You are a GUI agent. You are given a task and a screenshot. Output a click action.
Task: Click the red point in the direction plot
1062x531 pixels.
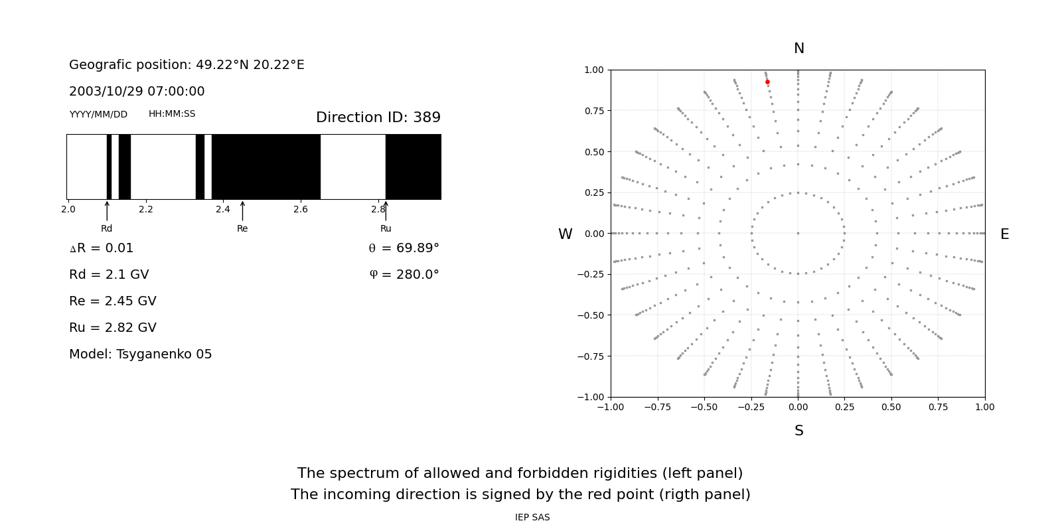(767, 82)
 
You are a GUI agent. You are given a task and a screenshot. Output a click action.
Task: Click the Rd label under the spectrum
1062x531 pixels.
(107, 229)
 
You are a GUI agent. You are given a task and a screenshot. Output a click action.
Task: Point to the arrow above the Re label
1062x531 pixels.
(242, 211)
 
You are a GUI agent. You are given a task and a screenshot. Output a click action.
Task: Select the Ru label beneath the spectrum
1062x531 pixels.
(386, 229)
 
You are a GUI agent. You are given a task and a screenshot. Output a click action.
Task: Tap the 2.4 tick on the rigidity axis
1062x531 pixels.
(223, 210)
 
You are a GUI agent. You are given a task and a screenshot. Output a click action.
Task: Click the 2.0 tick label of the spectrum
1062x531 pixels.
(68, 210)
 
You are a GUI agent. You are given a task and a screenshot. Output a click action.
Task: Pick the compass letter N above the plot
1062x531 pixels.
(799, 49)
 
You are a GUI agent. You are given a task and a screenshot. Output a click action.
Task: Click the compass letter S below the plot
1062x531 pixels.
(799, 431)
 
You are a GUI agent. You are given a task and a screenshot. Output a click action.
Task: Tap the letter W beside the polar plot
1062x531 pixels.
(565, 234)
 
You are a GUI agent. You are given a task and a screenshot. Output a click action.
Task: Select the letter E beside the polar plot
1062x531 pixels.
(1004, 234)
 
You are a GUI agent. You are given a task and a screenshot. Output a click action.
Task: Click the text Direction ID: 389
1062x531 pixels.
(378, 117)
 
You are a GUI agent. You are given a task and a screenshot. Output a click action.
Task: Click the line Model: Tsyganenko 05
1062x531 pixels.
(141, 354)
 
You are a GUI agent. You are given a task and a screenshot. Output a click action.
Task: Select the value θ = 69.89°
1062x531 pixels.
(404, 248)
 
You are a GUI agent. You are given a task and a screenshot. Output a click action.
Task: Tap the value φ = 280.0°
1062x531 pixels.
(404, 275)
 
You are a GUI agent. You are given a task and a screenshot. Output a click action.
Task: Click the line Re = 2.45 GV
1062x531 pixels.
(113, 301)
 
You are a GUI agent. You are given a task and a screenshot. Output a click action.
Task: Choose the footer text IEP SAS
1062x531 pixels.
(532, 518)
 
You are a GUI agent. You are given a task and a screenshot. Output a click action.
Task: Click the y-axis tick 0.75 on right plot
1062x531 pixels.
(593, 111)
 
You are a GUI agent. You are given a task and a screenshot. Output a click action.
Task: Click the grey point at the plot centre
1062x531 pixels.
(798, 233)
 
